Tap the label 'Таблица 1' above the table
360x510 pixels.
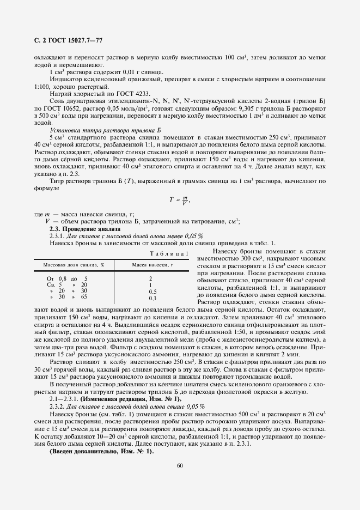tap(169, 253)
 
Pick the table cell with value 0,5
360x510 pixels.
tap(152, 292)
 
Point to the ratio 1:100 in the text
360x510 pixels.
tap(41, 87)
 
